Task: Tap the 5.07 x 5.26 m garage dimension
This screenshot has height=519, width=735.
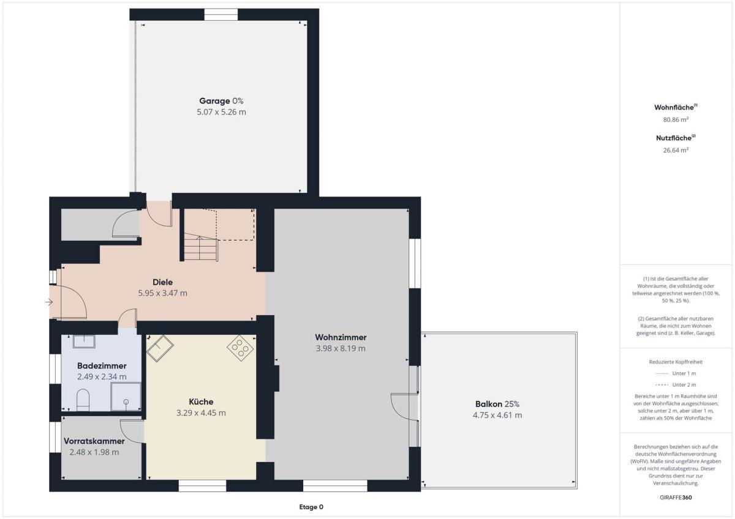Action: pyautogui.click(x=222, y=112)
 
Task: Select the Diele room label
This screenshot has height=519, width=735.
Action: pyautogui.click(x=163, y=282)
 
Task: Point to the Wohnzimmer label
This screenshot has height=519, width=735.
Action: pyautogui.click(x=341, y=337)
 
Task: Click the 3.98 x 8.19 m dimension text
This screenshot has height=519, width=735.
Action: pyautogui.click(x=341, y=348)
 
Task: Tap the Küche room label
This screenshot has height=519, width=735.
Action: pyautogui.click(x=201, y=401)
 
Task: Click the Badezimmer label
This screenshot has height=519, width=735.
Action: pyautogui.click(x=102, y=365)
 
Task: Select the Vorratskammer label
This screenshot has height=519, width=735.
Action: pyautogui.click(x=94, y=441)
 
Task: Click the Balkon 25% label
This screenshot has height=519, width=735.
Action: pyautogui.click(x=497, y=404)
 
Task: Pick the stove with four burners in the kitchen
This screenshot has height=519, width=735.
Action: pyautogui.click(x=240, y=348)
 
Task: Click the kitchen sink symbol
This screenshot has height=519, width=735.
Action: pyautogui.click(x=160, y=348)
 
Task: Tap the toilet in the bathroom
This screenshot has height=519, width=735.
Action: pyautogui.click(x=83, y=400)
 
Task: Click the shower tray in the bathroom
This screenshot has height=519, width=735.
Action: pyautogui.click(x=126, y=397)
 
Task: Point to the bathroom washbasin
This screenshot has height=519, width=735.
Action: pyautogui.click(x=84, y=342)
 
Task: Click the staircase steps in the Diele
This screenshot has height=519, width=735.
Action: pyautogui.click(x=201, y=247)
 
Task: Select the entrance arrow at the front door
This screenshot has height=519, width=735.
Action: pyautogui.click(x=49, y=302)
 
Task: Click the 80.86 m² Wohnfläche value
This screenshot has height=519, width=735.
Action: pyautogui.click(x=676, y=120)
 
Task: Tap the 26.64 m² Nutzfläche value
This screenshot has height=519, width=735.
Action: pyautogui.click(x=676, y=150)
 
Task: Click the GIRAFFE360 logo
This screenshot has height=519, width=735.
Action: pyautogui.click(x=676, y=498)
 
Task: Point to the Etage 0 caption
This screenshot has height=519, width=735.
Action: pyautogui.click(x=311, y=507)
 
